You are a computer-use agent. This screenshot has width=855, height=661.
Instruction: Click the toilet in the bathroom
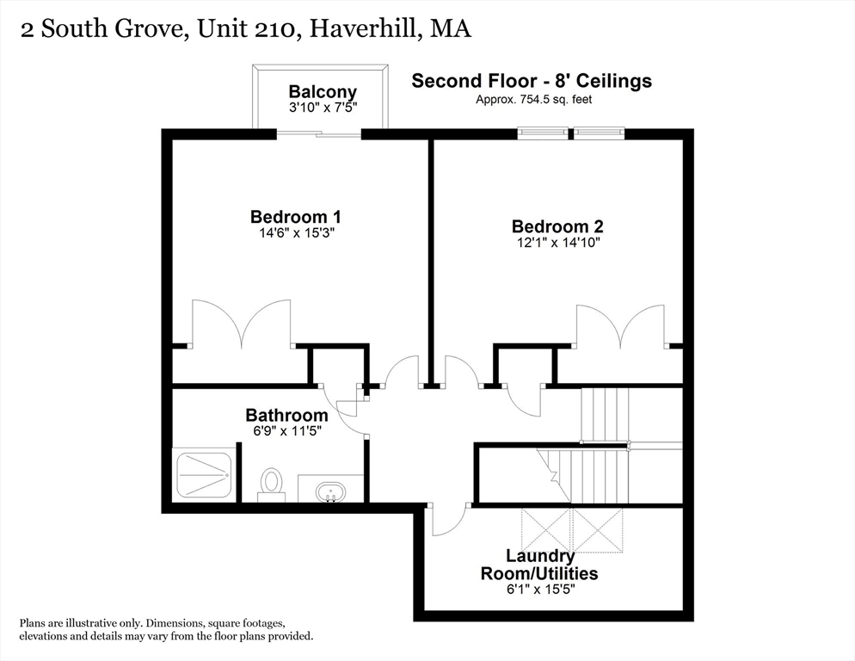272,485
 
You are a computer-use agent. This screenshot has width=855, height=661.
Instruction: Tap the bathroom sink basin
330,491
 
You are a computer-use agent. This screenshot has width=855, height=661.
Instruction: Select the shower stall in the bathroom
204,475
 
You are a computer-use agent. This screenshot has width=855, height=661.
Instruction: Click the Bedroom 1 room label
296,217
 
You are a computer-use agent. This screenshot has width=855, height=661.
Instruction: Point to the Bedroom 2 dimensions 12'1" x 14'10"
558,243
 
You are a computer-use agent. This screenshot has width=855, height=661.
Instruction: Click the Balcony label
323,92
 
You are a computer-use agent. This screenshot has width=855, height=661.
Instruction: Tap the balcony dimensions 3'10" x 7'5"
323,107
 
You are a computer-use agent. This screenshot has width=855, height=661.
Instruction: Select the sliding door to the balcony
319,133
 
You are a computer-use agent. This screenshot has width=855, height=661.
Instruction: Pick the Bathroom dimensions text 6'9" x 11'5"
286,430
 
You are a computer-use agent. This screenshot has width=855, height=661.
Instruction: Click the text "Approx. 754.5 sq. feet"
534,99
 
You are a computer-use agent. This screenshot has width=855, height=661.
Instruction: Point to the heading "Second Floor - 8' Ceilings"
532,81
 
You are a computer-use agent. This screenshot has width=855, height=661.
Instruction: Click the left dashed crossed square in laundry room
546,530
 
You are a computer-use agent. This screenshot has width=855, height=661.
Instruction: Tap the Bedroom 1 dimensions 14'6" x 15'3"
296,233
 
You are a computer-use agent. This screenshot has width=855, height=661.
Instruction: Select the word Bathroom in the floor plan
286,415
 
